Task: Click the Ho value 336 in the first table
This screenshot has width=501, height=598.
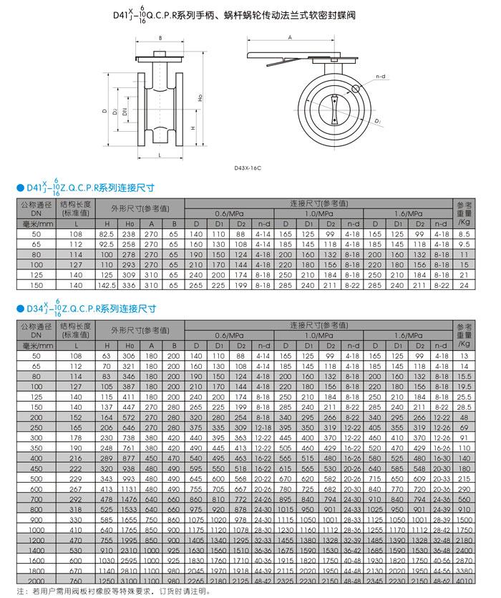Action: (x=129, y=284)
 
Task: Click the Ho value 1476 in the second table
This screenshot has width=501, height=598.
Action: (x=129, y=498)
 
